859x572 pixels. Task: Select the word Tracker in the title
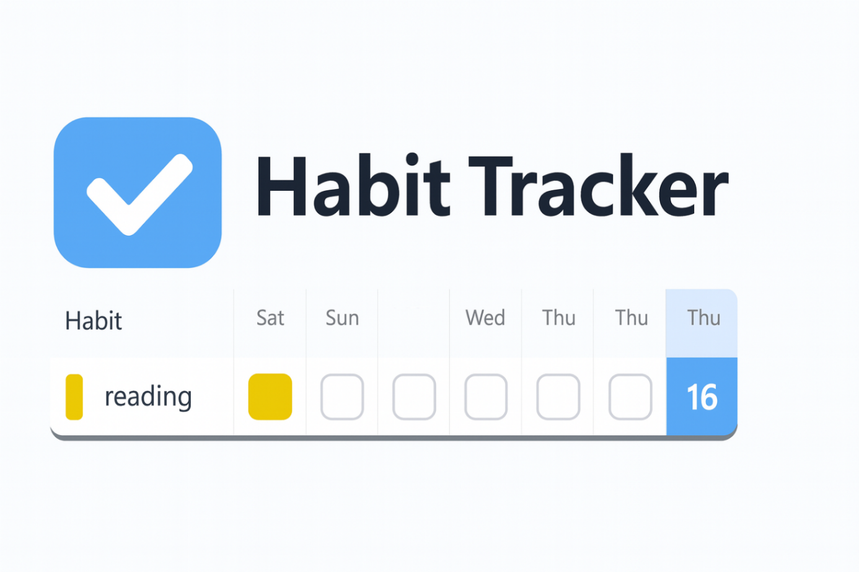pyautogui.click(x=598, y=187)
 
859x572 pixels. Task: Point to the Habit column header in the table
pyautogui.click(x=94, y=321)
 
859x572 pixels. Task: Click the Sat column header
pyautogui.click(x=270, y=318)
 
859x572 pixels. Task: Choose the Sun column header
pyautogui.click(x=342, y=318)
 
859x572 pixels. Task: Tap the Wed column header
pyautogui.click(x=485, y=318)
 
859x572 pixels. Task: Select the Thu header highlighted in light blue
pyautogui.click(x=703, y=318)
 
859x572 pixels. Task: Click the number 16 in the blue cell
pyautogui.click(x=702, y=397)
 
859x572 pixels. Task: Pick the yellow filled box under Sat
pyautogui.click(x=270, y=397)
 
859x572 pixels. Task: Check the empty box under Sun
pyautogui.click(x=342, y=397)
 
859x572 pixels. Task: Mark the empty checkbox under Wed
pyautogui.click(x=486, y=397)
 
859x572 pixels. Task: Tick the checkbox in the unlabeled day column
pyautogui.click(x=414, y=397)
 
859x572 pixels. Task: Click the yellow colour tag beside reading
pyautogui.click(x=74, y=397)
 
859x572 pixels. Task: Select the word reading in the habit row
pyautogui.click(x=148, y=397)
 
